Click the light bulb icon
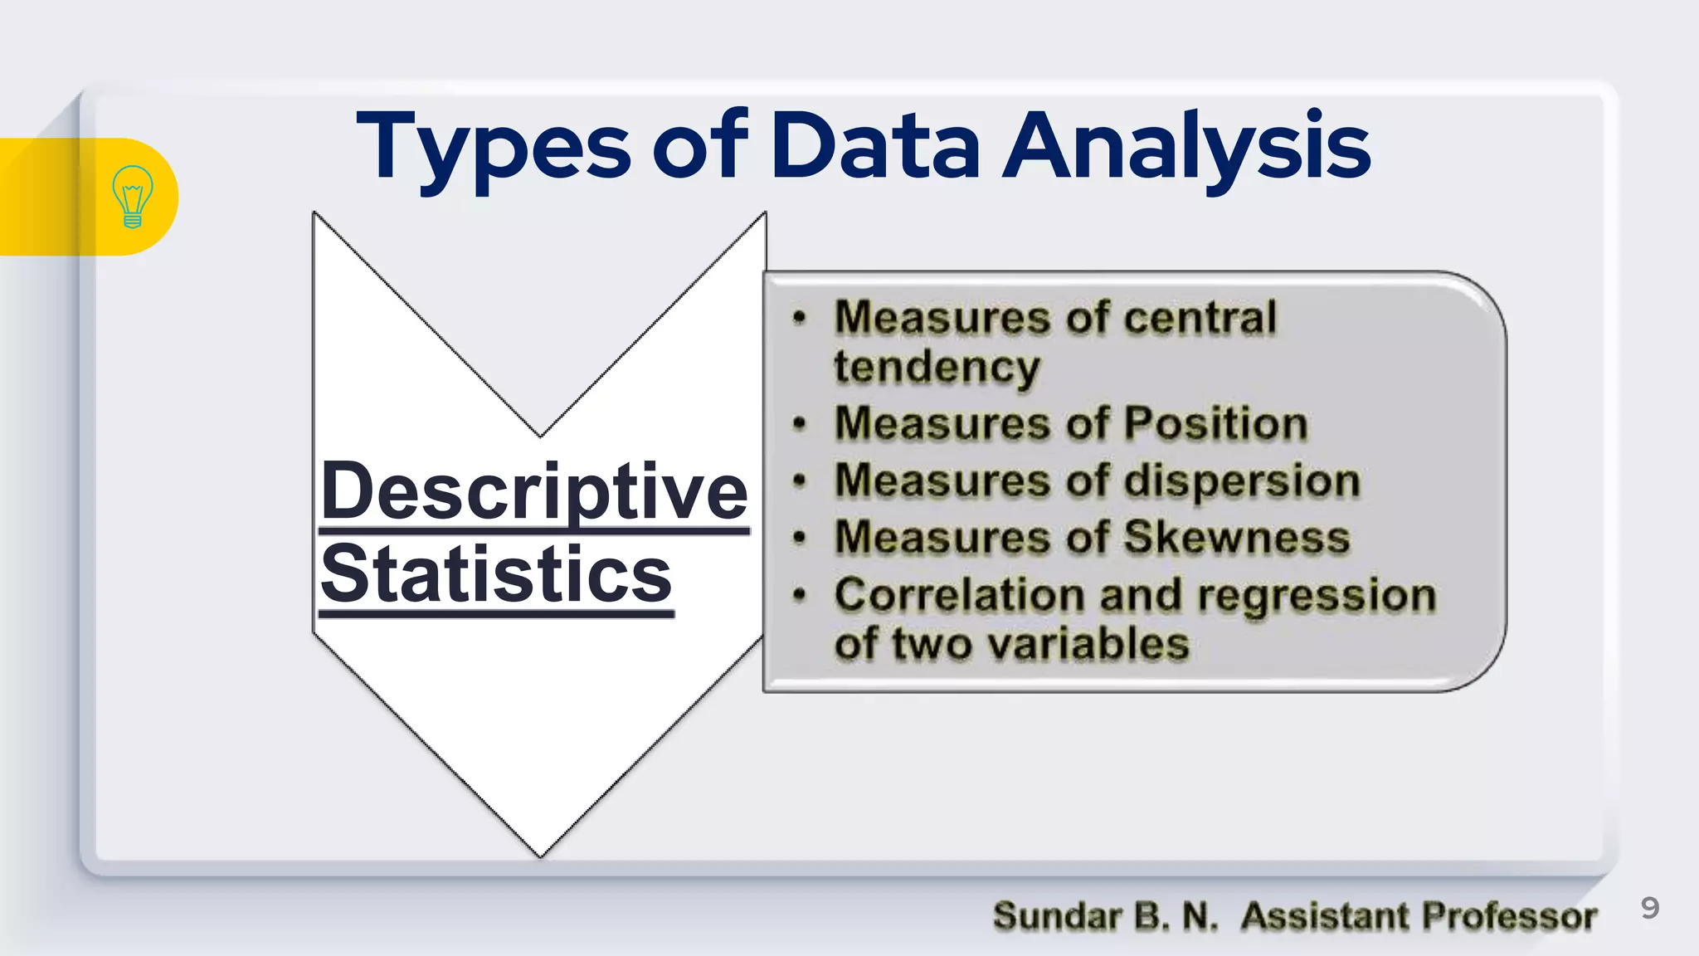132,197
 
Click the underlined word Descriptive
534,492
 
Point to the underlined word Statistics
496,575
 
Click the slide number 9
1650,907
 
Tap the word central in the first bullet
1200,318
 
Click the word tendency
937,368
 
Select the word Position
1215,423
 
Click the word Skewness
1236,537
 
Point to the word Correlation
959,595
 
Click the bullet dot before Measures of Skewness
799,538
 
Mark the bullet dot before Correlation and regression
799,595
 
